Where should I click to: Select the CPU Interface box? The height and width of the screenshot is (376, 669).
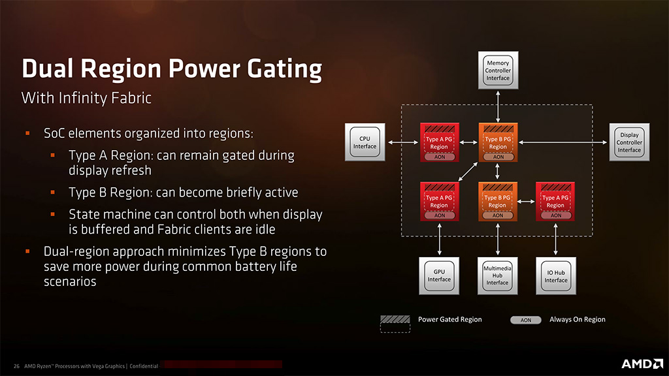(x=365, y=142)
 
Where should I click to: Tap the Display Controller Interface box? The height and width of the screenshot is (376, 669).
(x=629, y=142)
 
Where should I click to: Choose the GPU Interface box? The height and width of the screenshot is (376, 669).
(x=439, y=275)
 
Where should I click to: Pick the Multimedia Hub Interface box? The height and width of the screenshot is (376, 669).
(x=497, y=275)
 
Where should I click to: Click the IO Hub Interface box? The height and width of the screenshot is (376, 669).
(x=556, y=275)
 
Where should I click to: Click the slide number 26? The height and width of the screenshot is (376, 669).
(x=16, y=366)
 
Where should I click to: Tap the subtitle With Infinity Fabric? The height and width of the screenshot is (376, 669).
(x=86, y=98)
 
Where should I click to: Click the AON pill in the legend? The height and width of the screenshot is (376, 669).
(x=526, y=320)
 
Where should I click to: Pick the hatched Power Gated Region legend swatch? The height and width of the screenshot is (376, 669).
(x=396, y=320)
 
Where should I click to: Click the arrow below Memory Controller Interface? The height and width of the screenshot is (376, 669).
(x=498, y=105)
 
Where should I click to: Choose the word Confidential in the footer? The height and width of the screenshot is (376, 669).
(x=144, y=366)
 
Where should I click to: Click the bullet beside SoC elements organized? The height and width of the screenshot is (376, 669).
(x=28, y=134)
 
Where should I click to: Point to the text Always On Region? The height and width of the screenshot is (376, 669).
(x=578, y=320)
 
